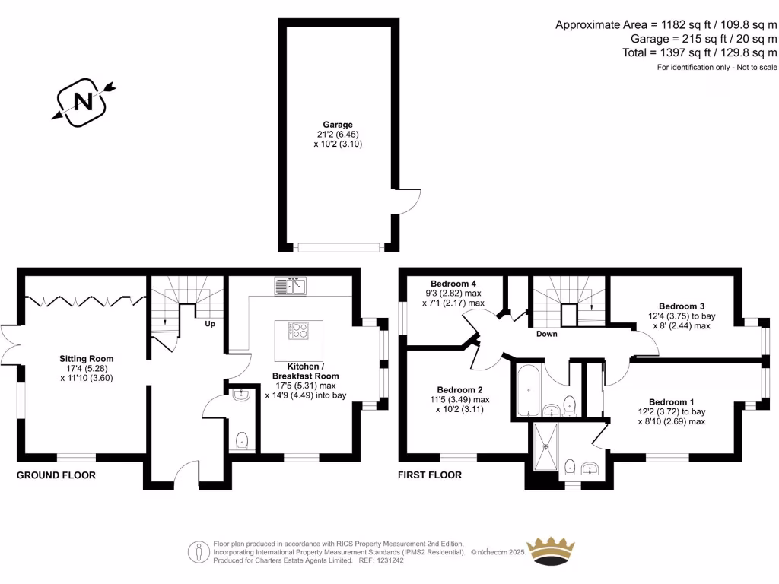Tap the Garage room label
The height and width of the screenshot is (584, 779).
click(x=337, y=125)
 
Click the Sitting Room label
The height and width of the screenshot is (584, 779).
click(x=86, y=358)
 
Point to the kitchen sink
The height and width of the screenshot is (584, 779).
click(x=290, y=286)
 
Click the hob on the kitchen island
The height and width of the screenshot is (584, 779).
click(x=297, y=331)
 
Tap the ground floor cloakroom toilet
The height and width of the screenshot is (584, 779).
click(x=242, y=440)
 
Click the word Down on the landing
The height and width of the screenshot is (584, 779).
click(x=546, y=334)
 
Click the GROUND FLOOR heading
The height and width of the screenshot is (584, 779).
click(x=56, y=475)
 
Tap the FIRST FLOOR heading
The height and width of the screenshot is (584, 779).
click(x=430, y=475)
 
